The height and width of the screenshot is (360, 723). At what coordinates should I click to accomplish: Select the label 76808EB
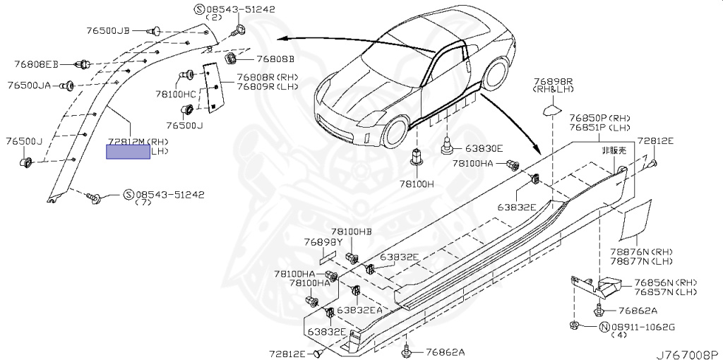pyautogui.click(x=37, y=64)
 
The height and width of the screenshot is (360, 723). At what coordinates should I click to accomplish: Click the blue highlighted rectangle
pyautogui.click(x=128, y=151)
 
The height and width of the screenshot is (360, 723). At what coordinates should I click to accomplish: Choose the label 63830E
pyautogui.click(x=483, y=148)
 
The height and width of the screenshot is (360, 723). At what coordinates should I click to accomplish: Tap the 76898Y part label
pyautogui.click(x=323, y=242)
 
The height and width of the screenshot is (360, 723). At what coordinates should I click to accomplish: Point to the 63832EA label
pyautogui.click(x=359, y=309)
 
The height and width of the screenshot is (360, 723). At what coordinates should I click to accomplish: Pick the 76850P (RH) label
pyautogui.click(x=599, y=118)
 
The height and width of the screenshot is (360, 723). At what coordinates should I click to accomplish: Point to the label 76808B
pyautogui.click(x=275, y=59)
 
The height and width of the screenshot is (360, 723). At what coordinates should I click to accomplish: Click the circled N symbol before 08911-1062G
pyautogui.click(x=604, y=326)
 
